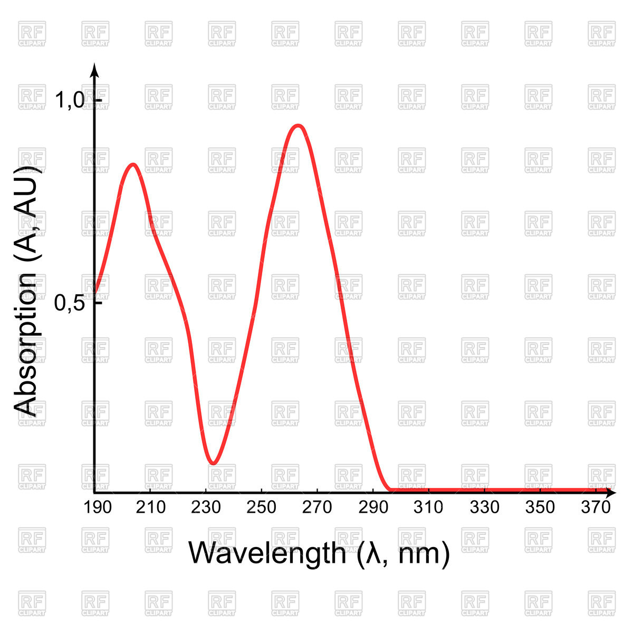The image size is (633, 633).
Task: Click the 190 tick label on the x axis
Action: click(98, 507)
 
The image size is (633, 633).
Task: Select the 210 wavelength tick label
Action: click(151, 507)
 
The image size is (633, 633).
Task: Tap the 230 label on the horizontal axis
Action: click(206, 507)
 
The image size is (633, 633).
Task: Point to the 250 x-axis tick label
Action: click(262, 507)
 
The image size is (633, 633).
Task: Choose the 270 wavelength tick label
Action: click(318, 507)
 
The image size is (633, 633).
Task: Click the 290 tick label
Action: click(373, 507)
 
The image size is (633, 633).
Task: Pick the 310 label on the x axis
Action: click(428, 507)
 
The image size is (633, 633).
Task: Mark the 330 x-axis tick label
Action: click(484, 507)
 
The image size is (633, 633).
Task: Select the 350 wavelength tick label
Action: click(540, 507)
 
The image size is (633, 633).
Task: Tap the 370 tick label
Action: click(596, 507)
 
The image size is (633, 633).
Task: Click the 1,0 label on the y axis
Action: click(70, 100)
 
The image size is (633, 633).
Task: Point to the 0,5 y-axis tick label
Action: click(70, 303)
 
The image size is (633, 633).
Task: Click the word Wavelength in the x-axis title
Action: click(266, 553)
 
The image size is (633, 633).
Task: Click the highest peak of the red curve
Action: click(299, 126)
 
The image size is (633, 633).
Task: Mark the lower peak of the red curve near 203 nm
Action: click(133, 164)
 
